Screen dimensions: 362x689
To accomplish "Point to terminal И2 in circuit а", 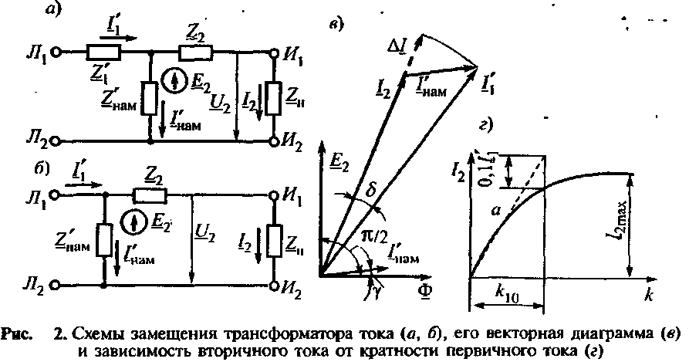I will pos(275,141).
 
